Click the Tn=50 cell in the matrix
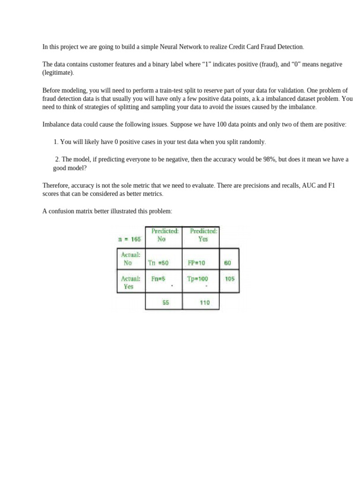click(x=158, y=263)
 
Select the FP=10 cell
click(x=196, y=263)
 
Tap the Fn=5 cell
click(x=158, y=278)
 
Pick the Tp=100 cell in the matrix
click(x=198, y=278)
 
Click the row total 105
click(x=229, y=278)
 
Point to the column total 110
click(x=204, y=302)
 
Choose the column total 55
click(x=165, y=302)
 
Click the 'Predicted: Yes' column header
click(x=203, y=235)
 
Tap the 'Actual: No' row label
click(x=128, y=259)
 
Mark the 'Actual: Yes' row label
click(x=128, y=282)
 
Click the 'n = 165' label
click(x=129, y=239)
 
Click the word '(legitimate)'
click(x=58, y=73)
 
